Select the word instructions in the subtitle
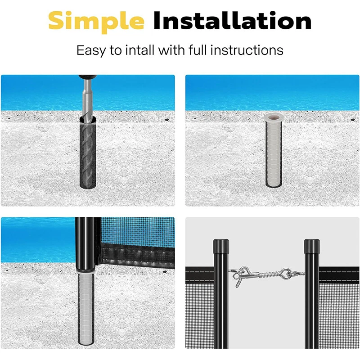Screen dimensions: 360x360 click(x=250, y=49)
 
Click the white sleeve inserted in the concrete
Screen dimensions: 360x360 click(x=273, y=153)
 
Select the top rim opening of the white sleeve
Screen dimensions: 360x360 click(x=273, y=117)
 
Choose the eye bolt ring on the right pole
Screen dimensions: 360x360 click(x=287, y=273)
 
